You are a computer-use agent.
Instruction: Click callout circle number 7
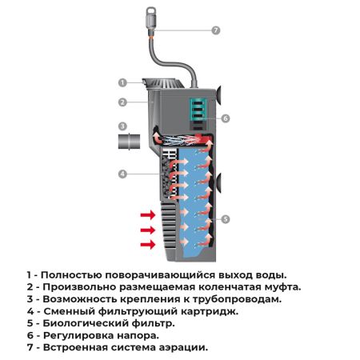(215, 30)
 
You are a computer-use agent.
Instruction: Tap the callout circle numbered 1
(122, 82)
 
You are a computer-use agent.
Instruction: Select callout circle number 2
(122, 102)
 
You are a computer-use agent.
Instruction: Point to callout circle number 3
(122, 126)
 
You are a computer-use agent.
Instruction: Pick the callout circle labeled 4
(122, 173)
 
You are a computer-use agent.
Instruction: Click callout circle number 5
(226, 218)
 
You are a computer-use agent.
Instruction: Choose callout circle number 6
(226, 118)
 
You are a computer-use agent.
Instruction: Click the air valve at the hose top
(150, 15)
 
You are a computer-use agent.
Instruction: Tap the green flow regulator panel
(198, 111)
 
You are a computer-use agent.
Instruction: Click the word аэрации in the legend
(181, 347)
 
